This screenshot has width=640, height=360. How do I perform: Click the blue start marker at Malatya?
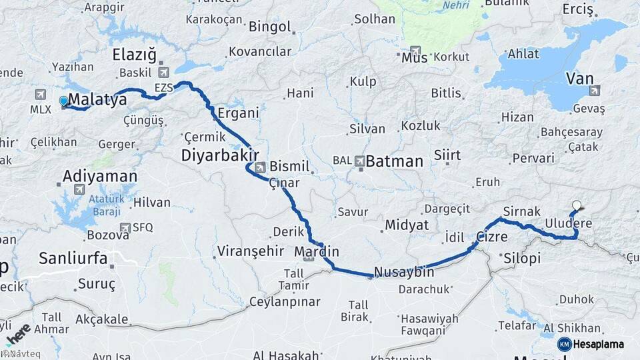pos(63,101)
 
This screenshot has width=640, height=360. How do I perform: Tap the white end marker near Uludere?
pos(577,206)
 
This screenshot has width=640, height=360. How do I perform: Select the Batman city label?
pos(395,161)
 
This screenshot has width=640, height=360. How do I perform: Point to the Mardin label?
pos(317,252)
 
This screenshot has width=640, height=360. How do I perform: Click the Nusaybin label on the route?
pos(404,272)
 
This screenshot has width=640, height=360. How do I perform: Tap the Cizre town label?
pos(492,237)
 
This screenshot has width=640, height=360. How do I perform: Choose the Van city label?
pos(579,79)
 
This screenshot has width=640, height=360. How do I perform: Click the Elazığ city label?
pos(134,54)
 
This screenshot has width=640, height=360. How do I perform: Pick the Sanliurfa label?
pos(73,258)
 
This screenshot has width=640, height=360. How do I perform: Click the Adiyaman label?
pos(100,177)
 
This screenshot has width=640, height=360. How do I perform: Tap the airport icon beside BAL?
pos(360,161)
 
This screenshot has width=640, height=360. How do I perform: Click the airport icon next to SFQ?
pos(125,227)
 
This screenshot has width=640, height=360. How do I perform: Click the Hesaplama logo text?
pos(599,344)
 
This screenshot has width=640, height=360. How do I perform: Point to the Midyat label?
pos(407,225)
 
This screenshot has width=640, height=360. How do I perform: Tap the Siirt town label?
pos(447,155)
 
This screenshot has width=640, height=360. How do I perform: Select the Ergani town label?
pos(238,113)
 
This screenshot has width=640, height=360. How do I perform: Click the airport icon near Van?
pos(595,90)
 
